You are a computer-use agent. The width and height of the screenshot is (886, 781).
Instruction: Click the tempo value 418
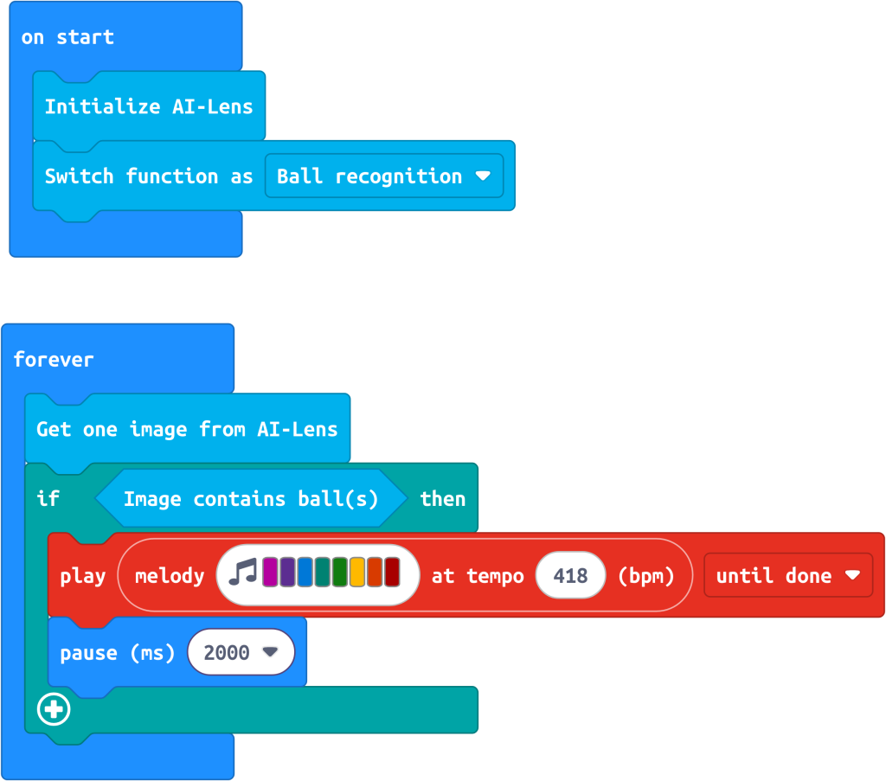[570, 575]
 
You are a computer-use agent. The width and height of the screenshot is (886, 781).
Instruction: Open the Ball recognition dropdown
[383, 176]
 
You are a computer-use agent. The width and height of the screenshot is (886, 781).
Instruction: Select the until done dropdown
[788, 575]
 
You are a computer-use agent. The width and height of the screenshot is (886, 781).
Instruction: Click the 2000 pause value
[241, 652]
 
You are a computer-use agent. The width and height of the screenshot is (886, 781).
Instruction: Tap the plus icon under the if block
[54, 709]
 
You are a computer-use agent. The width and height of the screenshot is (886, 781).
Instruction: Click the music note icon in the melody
[243, 572]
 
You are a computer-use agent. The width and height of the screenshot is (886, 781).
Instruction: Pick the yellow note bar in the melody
[357, 572]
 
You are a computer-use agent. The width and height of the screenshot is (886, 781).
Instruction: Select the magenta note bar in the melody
[270, 572]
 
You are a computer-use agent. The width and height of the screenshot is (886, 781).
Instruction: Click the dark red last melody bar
[392, 572]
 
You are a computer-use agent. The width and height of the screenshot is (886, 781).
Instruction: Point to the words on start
[67, 37]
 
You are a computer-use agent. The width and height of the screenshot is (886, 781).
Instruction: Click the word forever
[54, 360]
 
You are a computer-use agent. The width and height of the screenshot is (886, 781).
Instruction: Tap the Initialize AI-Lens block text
[149, 106]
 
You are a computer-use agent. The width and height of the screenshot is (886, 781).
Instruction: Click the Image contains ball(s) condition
[251, 499]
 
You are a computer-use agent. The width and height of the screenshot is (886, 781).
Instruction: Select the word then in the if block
[443, 499]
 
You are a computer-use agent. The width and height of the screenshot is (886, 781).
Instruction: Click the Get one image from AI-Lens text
[187, 430]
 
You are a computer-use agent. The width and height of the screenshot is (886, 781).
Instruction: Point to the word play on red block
[83, 577]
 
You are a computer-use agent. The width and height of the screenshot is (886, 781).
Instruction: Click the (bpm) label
[645, 576]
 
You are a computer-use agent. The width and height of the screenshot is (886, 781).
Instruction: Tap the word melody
[170, 577]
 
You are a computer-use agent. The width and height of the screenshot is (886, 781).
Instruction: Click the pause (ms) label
[118, 653]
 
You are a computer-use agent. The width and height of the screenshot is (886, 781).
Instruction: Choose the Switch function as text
[149, 176]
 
